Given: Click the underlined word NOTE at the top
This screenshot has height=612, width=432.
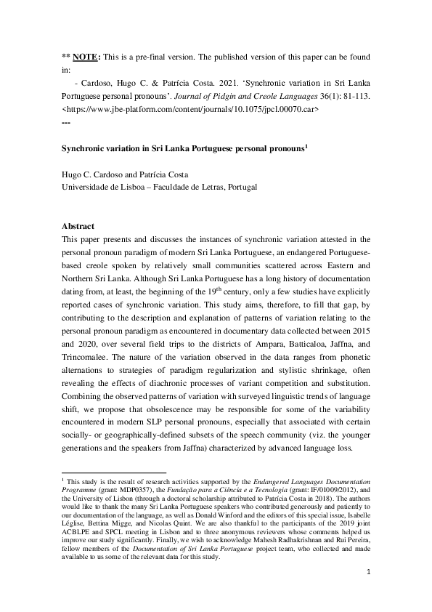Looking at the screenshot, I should point(85,57).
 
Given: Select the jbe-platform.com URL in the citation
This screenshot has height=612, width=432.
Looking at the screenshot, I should point(191,109).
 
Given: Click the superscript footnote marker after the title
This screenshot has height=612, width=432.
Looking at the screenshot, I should point(307,145).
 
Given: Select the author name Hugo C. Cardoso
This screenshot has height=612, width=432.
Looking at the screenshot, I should point(98,174).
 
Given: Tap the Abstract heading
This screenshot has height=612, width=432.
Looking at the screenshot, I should point(78,227).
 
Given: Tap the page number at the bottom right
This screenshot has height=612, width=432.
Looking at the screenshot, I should point(369,572).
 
